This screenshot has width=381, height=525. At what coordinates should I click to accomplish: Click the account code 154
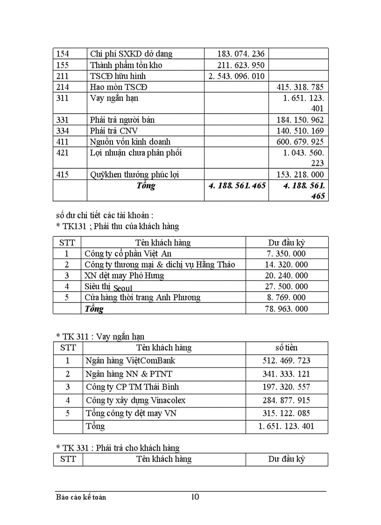point(63,54)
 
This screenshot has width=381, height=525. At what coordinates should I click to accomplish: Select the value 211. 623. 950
point(241,65)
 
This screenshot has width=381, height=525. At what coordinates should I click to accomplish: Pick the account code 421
point(63,153)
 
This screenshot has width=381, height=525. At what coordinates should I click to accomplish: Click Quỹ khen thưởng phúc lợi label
point(134,175)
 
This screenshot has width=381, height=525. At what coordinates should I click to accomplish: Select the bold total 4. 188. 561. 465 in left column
point(237,186)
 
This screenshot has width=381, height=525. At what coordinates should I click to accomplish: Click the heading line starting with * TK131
point(117,226)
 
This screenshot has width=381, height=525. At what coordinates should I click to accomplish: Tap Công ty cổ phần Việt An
point(128,253)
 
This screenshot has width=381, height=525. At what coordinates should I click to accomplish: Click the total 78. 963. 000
point(287,309)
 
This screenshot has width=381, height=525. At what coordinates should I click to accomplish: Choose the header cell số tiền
point(287,348)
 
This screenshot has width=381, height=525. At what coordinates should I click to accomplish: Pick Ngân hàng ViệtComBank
point(131,361)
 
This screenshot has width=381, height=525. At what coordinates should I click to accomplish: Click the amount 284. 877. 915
point(287,400)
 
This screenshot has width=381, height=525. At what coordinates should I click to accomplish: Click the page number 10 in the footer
point(195,496)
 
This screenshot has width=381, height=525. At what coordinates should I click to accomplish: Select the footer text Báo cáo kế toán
point(81,497)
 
